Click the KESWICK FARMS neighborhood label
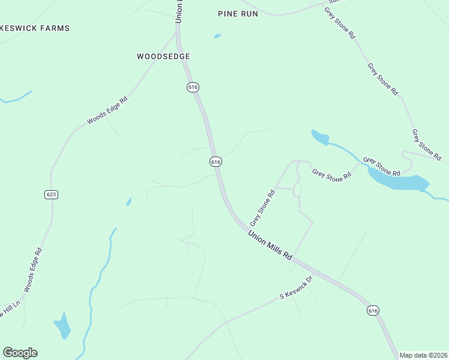point(35,28)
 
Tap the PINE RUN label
point(238,13)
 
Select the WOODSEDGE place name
point(163,56)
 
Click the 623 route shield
point(51,194)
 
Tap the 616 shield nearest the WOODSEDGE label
point(192,87)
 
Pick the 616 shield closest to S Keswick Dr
point(373,310)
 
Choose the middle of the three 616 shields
point(216,161)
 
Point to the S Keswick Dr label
point(297,288)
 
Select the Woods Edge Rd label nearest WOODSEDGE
point(108,110)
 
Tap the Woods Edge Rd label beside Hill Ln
point(33,270)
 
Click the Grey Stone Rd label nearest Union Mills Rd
point(262,208)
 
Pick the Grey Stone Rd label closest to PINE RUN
point(339,23)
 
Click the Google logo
point(20,353)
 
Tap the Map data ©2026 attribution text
point(423,355)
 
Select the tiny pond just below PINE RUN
point(217,36)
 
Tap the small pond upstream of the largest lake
point(319,137)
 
